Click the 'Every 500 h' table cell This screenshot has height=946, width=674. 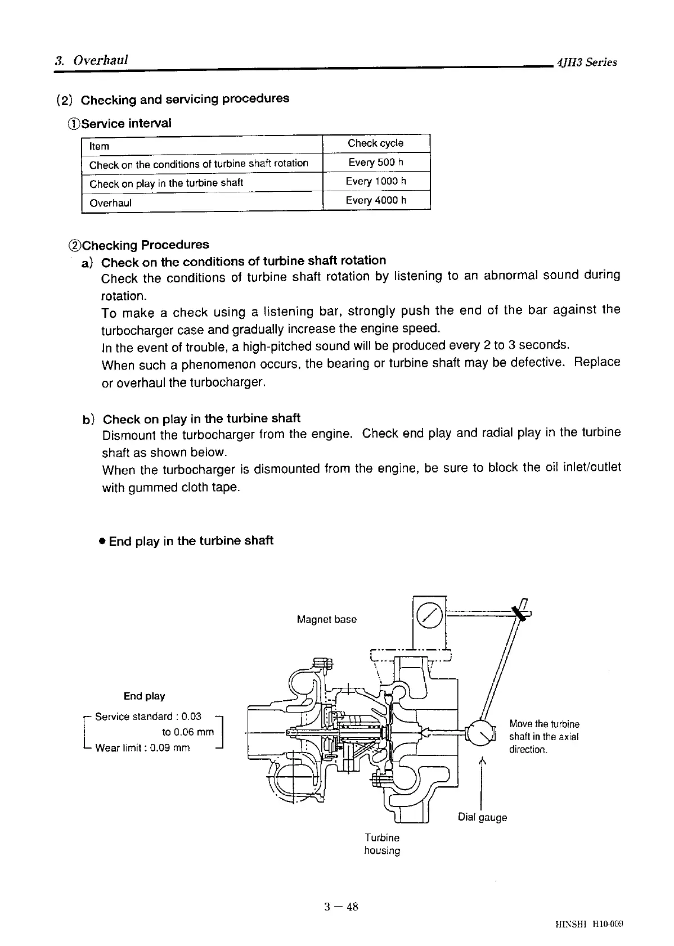[x=376, y=163]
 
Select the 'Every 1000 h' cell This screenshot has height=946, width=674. [x=376, y=181]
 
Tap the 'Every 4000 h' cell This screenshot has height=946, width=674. [x=376, y=200]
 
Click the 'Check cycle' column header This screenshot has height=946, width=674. [x=375, y=143]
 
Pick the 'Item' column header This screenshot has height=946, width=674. [x=100, y=146]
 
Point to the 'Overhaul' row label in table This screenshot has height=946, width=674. [x=111, y=203]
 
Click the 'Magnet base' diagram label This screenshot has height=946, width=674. [x=326, y=619]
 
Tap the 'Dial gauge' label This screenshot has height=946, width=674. [x=482, y=817]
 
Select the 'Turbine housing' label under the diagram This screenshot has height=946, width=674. [x=382, y=844]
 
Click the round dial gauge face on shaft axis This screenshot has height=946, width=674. [x=480, y=734]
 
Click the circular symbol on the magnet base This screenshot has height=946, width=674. [x=429, y=617]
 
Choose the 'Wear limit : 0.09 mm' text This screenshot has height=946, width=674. [x=142, y=748]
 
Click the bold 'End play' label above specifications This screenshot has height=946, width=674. [x=145, y=696]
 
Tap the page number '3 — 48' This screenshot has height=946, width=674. [x=341, y=906]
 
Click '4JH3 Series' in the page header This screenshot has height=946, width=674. [x=586, y=62]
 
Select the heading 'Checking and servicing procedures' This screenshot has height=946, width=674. [x=185, y=99]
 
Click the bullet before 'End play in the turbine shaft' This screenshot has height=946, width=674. [x=102, y=542]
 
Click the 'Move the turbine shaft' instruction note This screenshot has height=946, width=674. [x=544, y=736]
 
